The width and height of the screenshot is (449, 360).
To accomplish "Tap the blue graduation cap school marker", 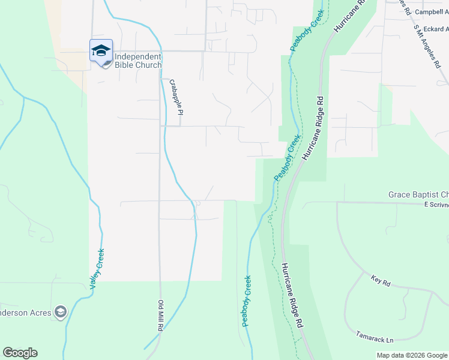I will (101, 50).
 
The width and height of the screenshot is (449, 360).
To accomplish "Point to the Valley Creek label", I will (97, 269).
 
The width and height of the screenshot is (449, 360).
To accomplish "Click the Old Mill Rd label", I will (161, 317).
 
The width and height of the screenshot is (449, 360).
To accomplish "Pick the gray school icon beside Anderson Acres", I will (59, 311).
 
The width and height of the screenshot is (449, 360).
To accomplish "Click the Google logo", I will (20, 353).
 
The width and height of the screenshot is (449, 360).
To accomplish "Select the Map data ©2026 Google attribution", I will (411, 355).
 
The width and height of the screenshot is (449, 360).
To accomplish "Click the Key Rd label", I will (381, 281).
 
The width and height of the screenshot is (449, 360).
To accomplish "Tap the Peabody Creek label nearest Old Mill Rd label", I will (247, 301).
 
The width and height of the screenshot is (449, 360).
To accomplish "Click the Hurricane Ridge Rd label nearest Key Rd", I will (291, 296).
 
